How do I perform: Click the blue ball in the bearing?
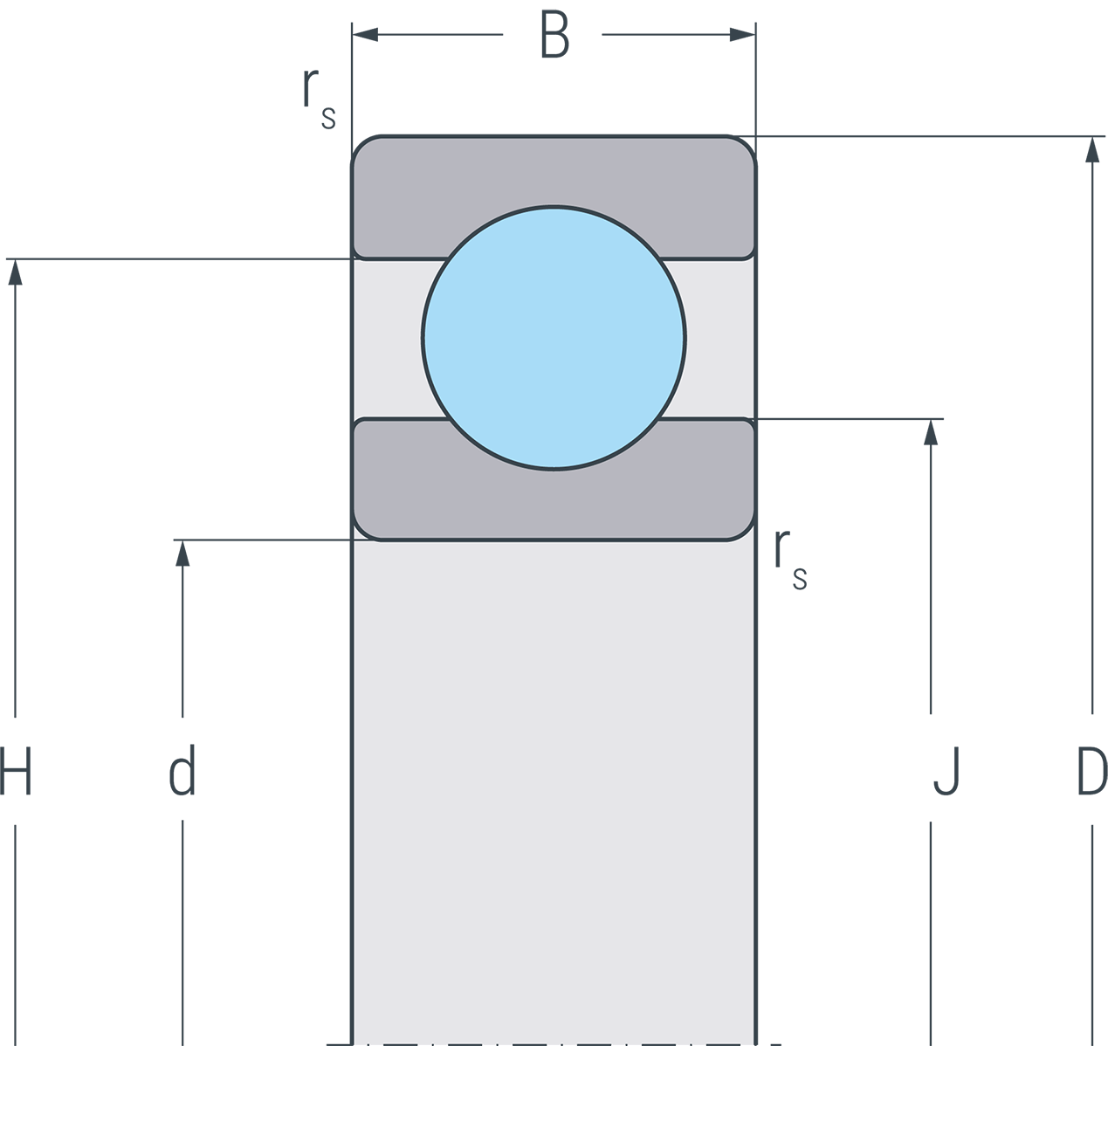pos(554,338)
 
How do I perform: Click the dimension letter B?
pos(554,36)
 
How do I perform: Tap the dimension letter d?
pos(182,771)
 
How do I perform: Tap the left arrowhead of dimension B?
pos(365,35)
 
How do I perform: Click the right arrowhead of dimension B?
pos(742,35)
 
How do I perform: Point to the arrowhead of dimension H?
pos(14,272)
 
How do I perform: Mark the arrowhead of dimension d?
pos(182,553)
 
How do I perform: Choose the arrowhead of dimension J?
pos(931,432)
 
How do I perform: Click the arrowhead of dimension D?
pos(1091,149)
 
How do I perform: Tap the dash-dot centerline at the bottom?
pos(554,1044)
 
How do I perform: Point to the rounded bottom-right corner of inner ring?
pos(745,530)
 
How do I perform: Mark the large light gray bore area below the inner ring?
pos(554,786)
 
